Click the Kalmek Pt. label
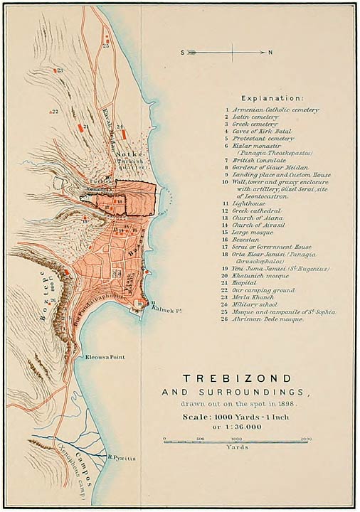point(165,309)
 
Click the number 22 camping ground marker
point(53,112)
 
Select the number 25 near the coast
point(106,45)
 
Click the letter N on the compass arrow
point(270,53)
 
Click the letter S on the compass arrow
point(183,53)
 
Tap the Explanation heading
point(272,97)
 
